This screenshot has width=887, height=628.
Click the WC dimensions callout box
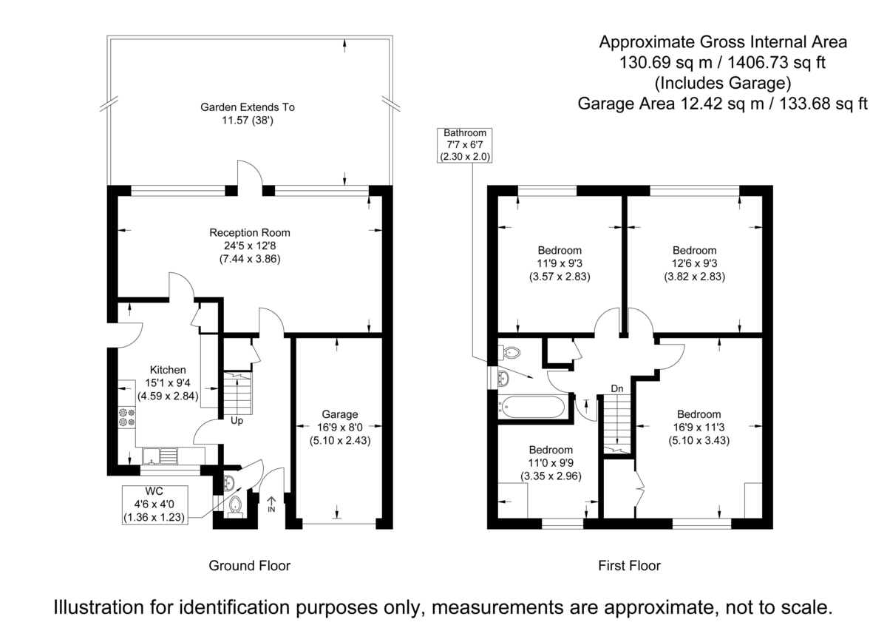(x=154, y=504)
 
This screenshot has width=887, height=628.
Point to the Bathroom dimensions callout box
(x=465, y=145)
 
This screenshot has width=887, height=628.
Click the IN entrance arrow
(x=271, y=504)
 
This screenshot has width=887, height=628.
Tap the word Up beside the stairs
(x=237, y=422)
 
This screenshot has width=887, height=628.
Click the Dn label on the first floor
(x=616, y=388)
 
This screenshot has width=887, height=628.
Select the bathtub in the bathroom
(x=532, y=405)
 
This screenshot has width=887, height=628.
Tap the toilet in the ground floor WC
(x=236, y=507)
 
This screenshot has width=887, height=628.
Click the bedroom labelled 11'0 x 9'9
(x=551, y=462)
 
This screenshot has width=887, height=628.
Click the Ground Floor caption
(x=249, y=566)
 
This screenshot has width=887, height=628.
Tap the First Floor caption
(x=629, y=566)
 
